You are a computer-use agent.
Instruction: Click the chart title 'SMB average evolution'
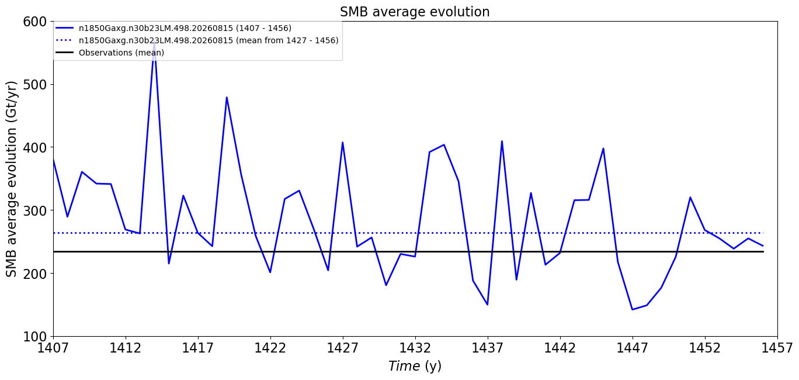[x=415, y=12]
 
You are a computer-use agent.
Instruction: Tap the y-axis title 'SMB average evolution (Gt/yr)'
[x=12, y=179]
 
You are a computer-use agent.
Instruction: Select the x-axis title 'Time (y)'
[x=415, y=366]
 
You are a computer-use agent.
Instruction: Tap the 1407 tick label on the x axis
[x=53, y=348]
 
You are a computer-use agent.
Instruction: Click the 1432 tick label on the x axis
[x=415, y=348]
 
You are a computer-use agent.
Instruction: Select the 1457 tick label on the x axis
[x=777, y=348]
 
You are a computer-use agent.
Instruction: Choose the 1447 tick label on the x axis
[x=633, y=348]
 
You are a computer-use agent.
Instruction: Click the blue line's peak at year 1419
[x=227, y=97]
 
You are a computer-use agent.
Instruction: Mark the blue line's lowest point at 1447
[x=633, y=310]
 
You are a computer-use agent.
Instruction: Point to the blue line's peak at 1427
[x=343, y=143]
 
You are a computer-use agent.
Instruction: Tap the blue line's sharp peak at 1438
[x=502, y=141]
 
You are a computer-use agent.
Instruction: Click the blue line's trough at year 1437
[x=488, y=305]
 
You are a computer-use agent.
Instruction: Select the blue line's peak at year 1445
[x=603, y=148]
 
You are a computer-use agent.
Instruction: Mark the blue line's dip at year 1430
[x=386, y=285]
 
